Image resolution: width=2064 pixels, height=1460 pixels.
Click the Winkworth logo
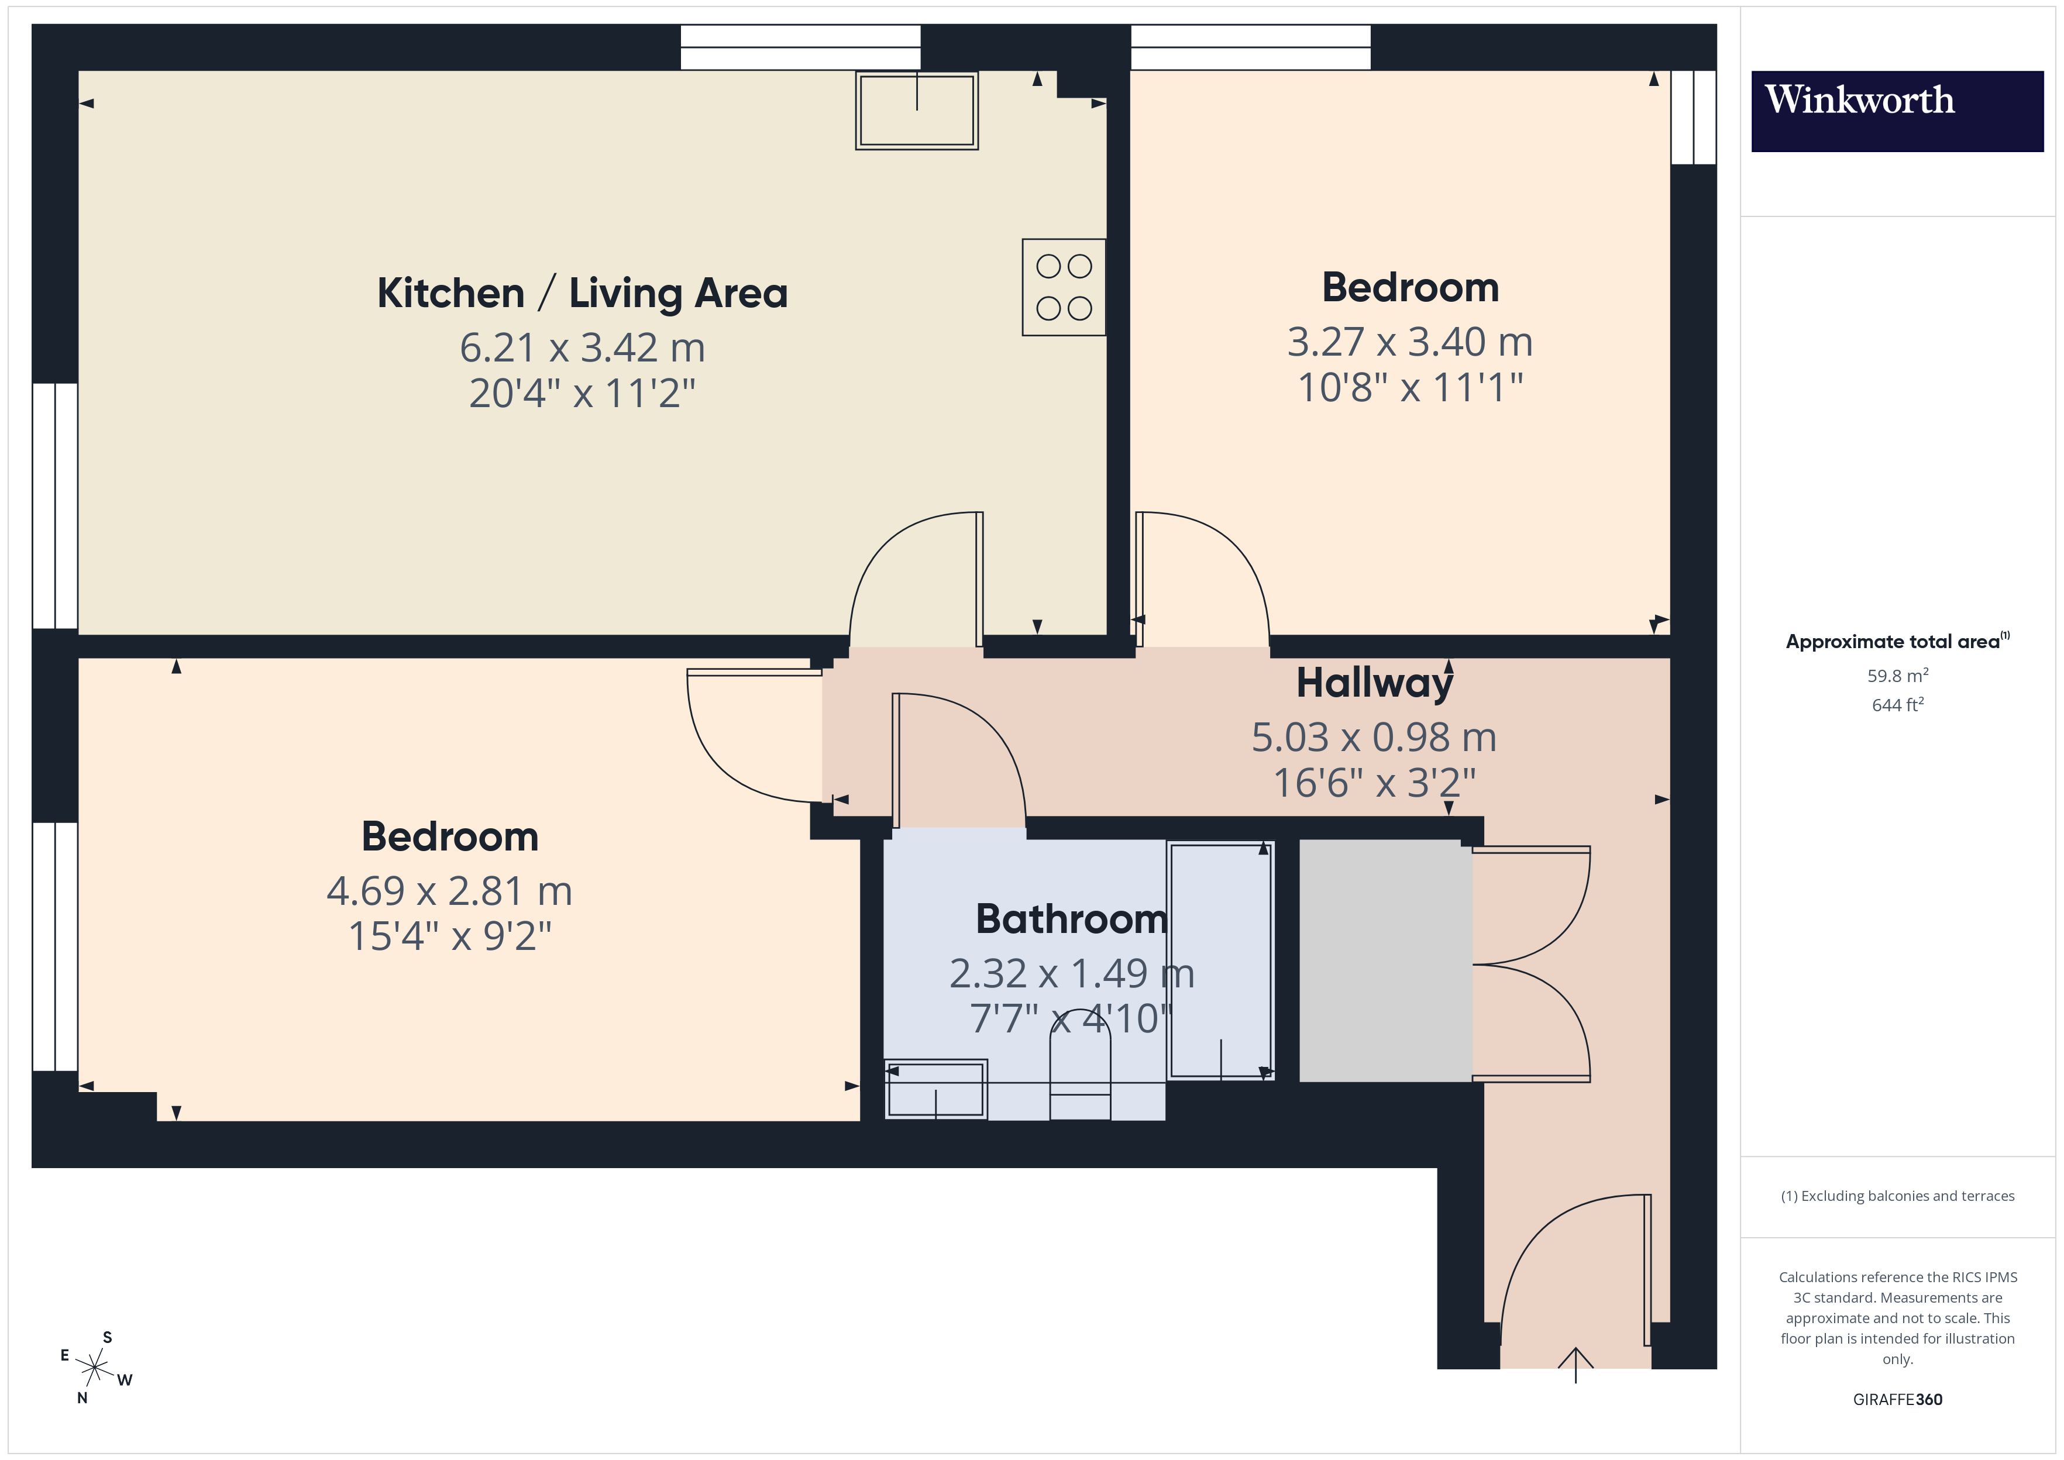pos(1896,111)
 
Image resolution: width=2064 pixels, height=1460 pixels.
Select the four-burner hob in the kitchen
pos(1064,287)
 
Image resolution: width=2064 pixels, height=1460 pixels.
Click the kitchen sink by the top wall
pos(916,110)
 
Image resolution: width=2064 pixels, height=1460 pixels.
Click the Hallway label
pos(1374,683)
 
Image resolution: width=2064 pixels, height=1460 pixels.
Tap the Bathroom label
pos(1071,919)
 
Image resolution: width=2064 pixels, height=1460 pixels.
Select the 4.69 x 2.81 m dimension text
pos(449,891)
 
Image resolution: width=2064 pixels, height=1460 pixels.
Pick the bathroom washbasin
pos(936,1089)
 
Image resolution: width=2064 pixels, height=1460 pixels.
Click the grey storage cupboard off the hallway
pos(1385,960)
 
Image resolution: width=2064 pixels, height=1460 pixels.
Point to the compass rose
pos(94,1368)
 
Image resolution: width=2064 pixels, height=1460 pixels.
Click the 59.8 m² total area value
pos(1897,675)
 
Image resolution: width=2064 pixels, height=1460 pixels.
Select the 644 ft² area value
pos(1897,705)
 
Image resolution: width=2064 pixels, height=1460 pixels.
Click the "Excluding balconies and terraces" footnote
pos(1897,1196)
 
